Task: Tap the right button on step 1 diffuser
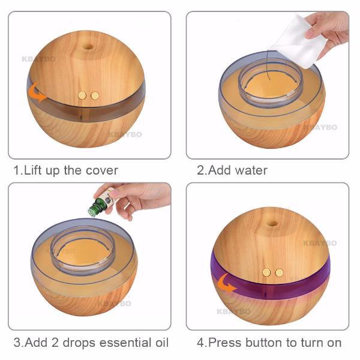click(94, 95)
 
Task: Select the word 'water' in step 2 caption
click(251, 170)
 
